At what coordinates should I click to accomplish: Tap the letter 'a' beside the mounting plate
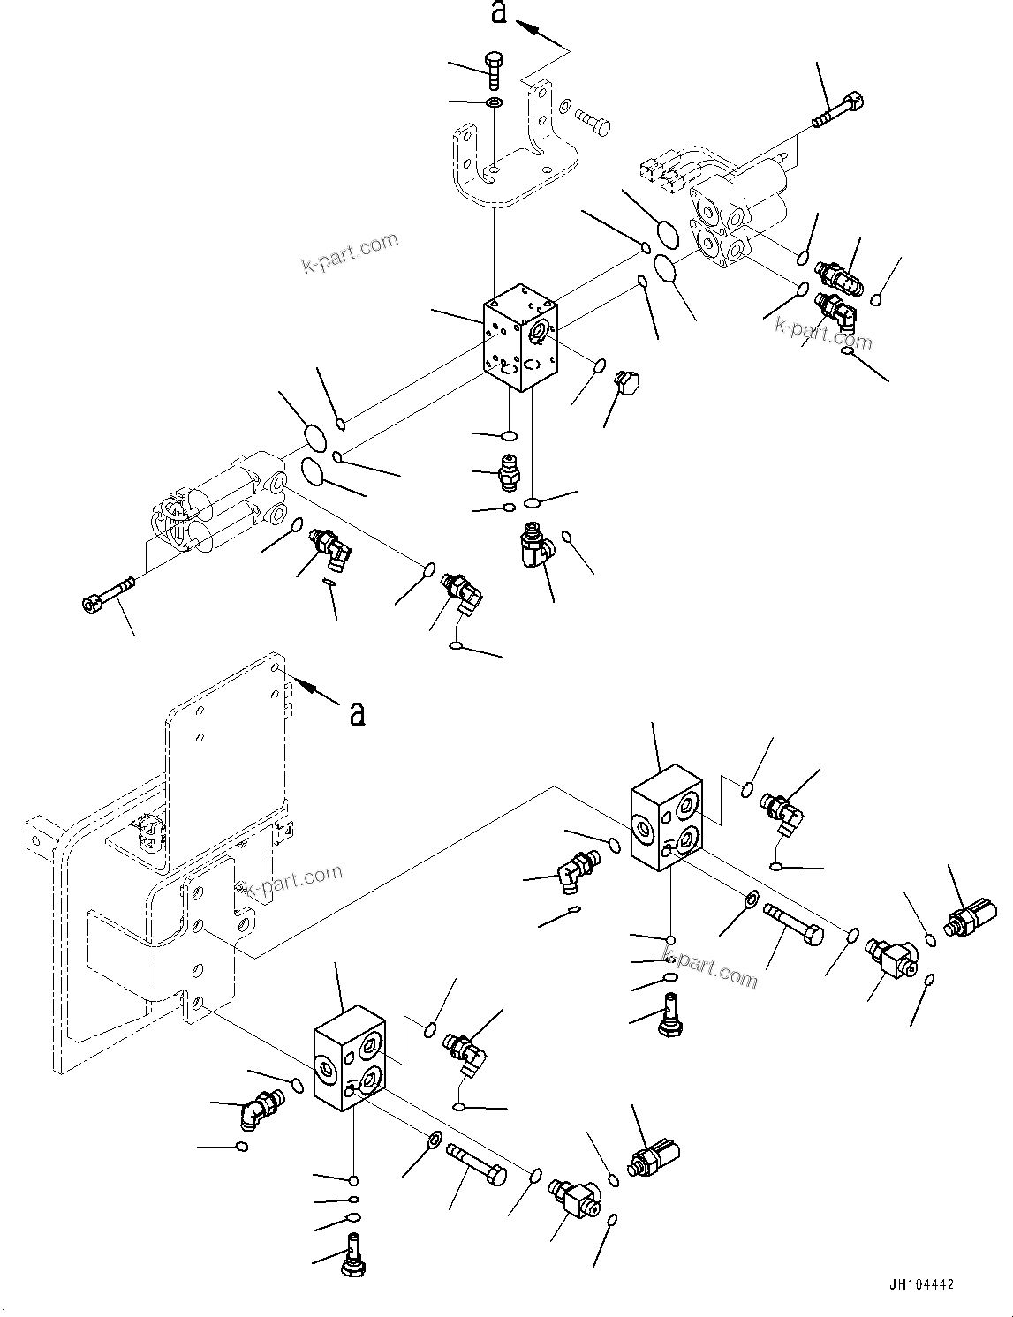point(357,712)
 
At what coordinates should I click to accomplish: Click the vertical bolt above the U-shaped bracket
point(493,71)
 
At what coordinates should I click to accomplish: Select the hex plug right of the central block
point(628,386)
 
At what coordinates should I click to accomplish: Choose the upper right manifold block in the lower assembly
point(667,817)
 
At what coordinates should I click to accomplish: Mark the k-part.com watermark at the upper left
point(351,252)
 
